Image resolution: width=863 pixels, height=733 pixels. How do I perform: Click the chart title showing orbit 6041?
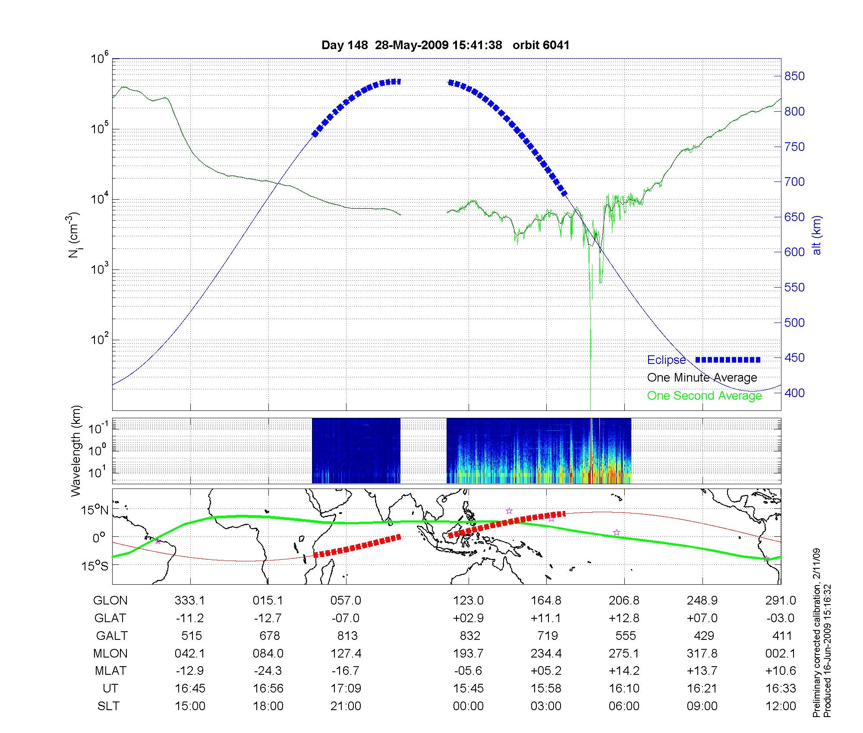[445, 45]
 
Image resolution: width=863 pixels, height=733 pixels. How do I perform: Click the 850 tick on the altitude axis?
[794, 76]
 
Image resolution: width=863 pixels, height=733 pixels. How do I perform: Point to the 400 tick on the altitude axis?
[794, 393]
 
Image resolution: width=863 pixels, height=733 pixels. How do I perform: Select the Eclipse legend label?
[666, 360]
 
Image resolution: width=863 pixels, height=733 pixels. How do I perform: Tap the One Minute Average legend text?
[702, 378]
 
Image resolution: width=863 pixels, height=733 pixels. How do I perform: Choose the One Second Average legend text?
[704, 396]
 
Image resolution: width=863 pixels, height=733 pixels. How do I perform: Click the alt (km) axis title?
[817, 235]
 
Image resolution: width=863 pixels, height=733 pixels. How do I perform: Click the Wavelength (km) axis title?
[76, 451]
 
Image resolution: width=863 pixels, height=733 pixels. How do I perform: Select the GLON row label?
[110, 601]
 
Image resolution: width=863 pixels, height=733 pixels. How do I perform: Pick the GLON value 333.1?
[190, 601]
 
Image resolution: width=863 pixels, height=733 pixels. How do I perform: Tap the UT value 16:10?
[624, 689]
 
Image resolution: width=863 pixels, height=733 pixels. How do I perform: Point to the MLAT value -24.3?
[268, 671]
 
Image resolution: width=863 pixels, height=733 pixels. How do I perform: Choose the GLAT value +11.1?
[546, 618]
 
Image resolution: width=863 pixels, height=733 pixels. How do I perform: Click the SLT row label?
[108, 706]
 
